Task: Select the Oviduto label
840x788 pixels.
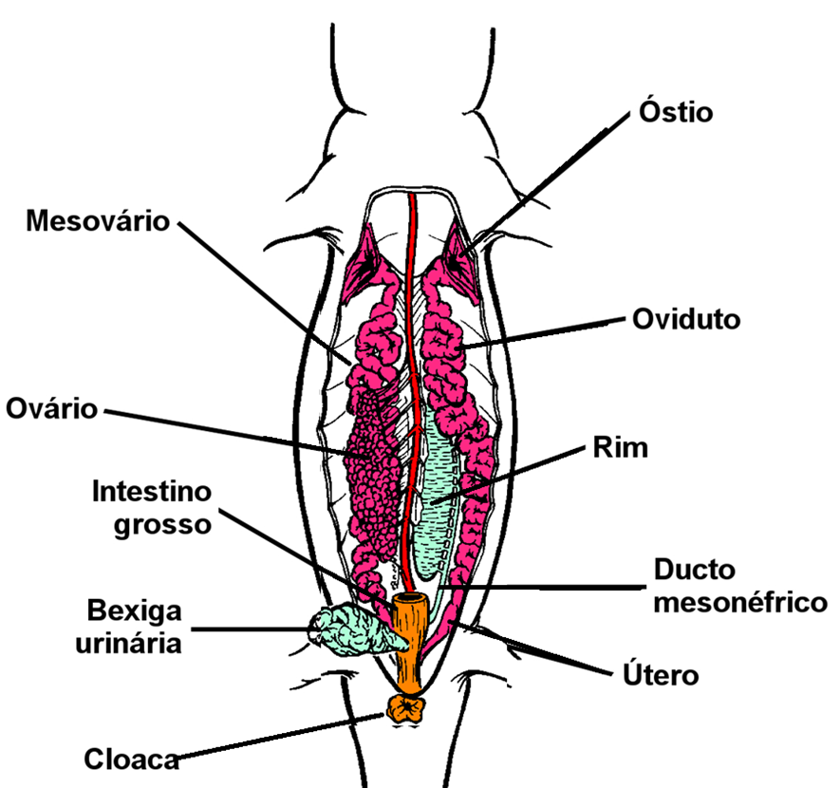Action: [685, 319]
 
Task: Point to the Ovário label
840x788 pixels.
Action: [51, 409]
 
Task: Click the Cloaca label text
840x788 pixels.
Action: [131, 759]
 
